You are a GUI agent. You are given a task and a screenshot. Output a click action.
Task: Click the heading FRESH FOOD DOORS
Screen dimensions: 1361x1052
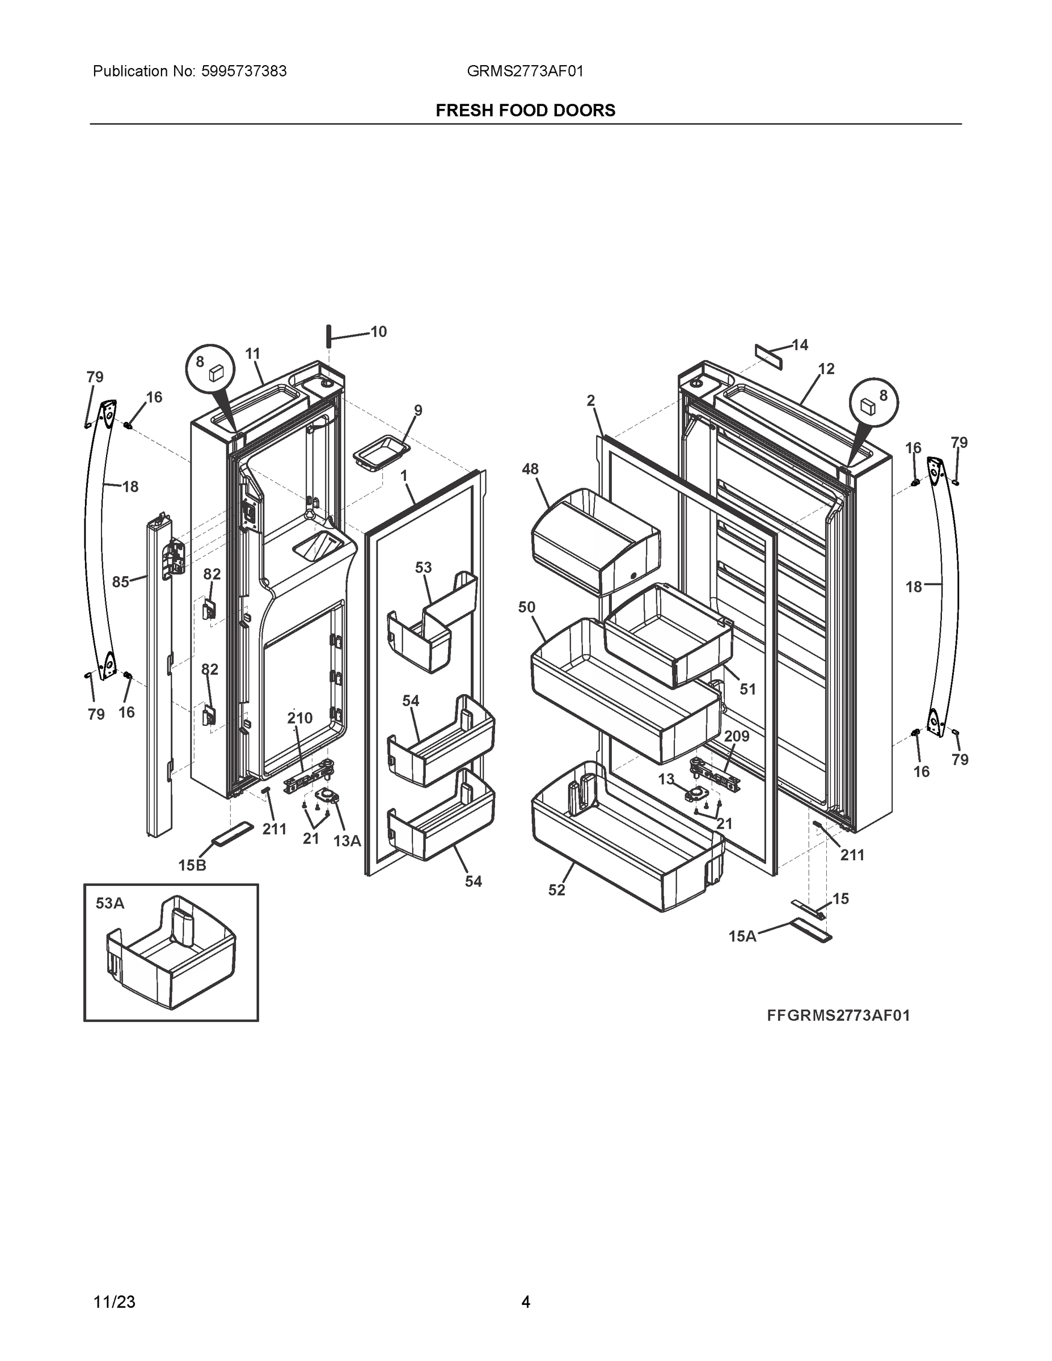[525, 111]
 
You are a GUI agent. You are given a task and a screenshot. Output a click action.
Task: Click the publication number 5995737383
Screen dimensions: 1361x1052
[244, 71]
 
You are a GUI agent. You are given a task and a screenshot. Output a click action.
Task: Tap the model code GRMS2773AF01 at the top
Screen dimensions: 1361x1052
[525, 71]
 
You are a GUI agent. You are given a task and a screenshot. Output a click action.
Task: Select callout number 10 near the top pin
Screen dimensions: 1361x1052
[378, 332]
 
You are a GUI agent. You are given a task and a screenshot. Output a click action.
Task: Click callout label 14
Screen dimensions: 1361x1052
[800, 345]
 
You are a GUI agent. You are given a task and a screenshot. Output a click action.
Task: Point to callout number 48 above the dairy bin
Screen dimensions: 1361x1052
[530, 468]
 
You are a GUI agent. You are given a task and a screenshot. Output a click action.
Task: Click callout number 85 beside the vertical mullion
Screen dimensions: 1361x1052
[120, 582]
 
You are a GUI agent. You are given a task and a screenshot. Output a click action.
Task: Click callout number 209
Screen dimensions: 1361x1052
[737, 736]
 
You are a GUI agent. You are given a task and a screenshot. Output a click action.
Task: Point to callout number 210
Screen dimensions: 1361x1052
[300, 718]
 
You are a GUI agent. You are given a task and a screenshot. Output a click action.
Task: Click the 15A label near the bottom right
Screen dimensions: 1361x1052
[742, 936]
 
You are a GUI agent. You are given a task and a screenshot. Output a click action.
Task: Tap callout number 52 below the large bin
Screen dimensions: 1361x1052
[556, 890]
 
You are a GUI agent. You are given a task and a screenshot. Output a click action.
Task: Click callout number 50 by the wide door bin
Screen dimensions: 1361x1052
[527, 607]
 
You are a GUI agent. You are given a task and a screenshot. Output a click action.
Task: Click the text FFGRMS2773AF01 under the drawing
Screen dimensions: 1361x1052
[838, 1016]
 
